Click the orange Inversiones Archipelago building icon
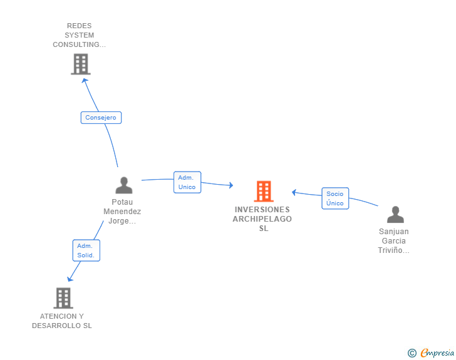pyautogui.click(x=264, y=191)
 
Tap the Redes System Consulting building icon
pyautogui.click(x=80, y=64)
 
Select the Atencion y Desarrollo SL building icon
pyautogui.click(x=63, y=298)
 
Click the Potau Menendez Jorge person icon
pyautogui.click(x=124, y=185)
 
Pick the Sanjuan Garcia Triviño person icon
pyautogui.click(x=395, y=215)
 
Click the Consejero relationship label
pyautogui.click(x=101, y=118)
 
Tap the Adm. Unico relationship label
pyautogui.click(x=187, y=182)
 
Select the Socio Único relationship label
pyautogui.click(x=335, y=198)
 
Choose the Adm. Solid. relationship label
pyautogui.click(x=86, y=250)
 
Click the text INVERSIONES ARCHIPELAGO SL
pyautogui.click(x=262, y=219)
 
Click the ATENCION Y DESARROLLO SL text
pyautogui.click(x=62, y=321)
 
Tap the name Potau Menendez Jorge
pyautogui.click(x=122, y=212)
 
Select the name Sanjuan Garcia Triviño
pyautogui.click(x=394, y=241)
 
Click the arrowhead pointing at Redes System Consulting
pyautogui.click(x=85, y=80)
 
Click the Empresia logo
pyautogui.click(x=437, y=353)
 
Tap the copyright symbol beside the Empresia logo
pyautogui.click(x=412, y=353)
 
